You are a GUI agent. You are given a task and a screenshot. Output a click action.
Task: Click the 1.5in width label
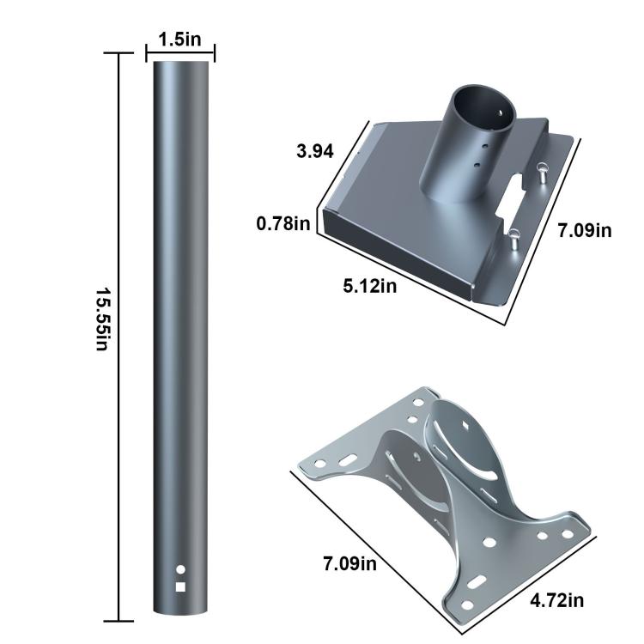click(x=180, y=39)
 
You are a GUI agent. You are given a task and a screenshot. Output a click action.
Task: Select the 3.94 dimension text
click(x=314, y=152)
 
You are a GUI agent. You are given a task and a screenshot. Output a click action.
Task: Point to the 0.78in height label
click(x=283, y=223)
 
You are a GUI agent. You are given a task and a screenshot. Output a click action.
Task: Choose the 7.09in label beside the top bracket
click(x=583, y=230)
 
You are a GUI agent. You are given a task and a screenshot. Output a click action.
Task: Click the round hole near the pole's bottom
click(x=180, y=569)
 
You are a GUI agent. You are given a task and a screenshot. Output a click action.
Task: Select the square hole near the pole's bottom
click(x=180, y=587)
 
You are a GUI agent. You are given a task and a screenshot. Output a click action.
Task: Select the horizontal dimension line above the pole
click(x=180, y=54)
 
